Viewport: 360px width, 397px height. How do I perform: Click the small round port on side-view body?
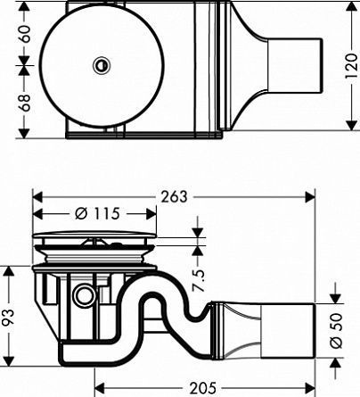[x=86, y=295]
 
